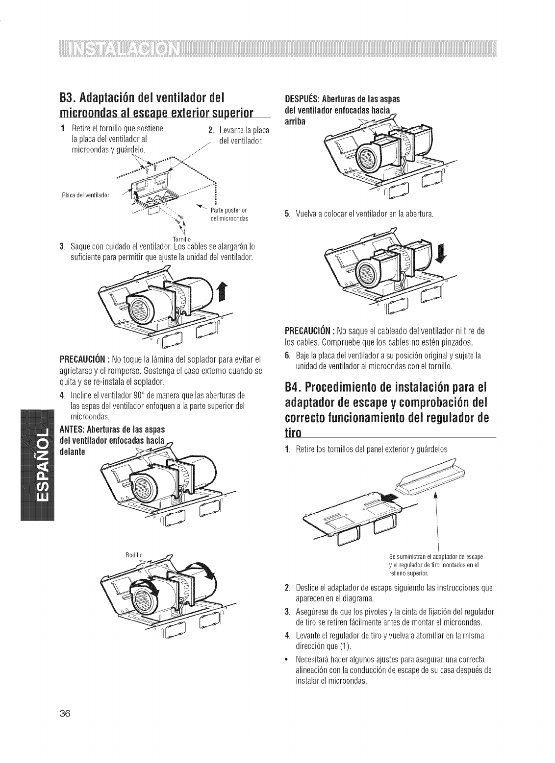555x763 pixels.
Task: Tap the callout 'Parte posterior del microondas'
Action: pyautogui.click(x=231, y=215)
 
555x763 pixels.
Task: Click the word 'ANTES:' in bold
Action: pyautogui.click(x=73, y=427)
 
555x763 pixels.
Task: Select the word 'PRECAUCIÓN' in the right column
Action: pyautogui.click(x=308, y=327)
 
